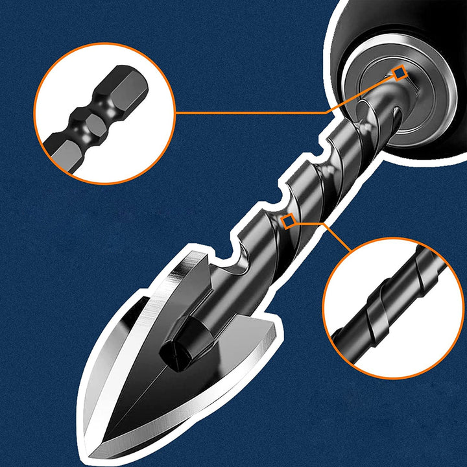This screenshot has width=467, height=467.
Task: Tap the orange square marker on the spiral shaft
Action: tap(289, 221)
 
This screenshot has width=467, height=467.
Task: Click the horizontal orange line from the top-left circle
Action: tap(246, 112)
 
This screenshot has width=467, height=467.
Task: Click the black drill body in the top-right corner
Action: tap(415, 26)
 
